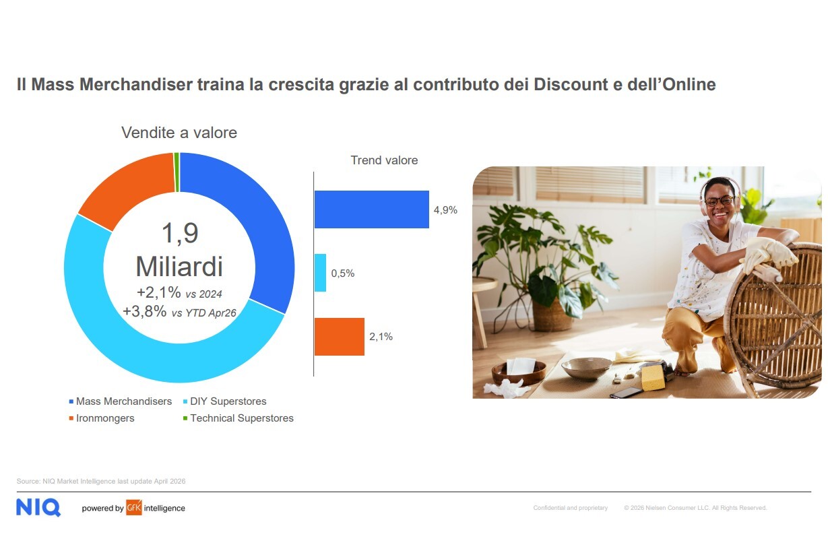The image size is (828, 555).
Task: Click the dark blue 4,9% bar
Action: [x=371, y=209]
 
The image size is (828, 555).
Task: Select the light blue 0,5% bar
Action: [x=320, y=273]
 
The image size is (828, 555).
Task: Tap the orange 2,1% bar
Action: [x=340, y=337]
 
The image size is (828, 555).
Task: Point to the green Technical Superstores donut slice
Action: [x=177, y=172]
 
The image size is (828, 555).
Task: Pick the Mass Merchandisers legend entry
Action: [x=121, y=401]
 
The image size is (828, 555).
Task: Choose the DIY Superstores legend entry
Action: [x=225, y=401]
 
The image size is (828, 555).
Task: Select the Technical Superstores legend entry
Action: [x=238, y=418]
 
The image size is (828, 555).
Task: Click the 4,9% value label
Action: [x=445, y=210]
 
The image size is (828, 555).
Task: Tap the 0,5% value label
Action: [x=343, y=273]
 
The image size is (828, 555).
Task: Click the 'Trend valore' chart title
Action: [x=384, y=160]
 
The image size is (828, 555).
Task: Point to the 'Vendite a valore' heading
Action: [x=179, y=132]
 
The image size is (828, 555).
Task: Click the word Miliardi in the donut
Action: [x=179, y=266]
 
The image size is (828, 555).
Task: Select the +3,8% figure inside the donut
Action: [x=145, y=311]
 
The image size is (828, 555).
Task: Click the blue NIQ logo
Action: [x=38, y=507]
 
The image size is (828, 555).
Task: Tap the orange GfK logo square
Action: [x=134, y=507]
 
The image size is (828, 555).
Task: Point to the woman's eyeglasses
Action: [x=719, y=201]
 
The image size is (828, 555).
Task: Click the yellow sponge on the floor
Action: [x=653, y=377]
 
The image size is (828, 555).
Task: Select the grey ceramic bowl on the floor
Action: [x=586, y=368]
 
